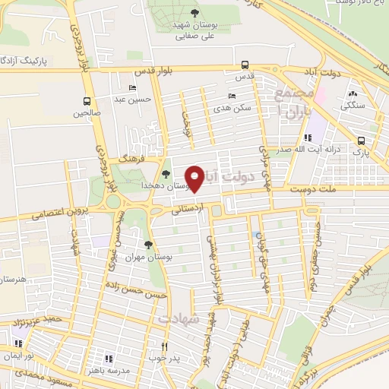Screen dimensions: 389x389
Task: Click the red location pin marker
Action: (x=195, y=178)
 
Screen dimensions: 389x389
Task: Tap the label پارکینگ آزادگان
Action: (x=29, y=59)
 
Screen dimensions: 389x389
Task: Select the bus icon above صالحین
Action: (x=87, y=101)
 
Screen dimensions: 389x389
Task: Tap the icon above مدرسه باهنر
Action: (x=109, y=358)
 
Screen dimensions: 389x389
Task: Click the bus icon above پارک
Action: (x=362, y=141)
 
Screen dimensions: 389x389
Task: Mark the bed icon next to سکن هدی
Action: (x=232, y=96)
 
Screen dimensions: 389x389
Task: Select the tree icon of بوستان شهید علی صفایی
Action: (x=194, y=13)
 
